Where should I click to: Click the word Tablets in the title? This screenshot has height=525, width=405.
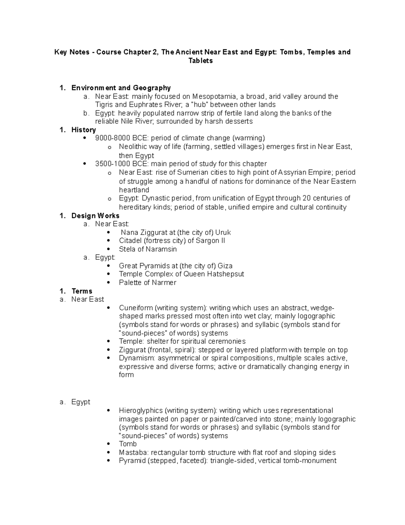click(200, 61)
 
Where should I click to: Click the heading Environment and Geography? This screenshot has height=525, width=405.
click(121, 88)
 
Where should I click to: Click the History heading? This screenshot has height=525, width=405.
click(83, 130)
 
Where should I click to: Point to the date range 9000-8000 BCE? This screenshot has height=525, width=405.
click(122, 138)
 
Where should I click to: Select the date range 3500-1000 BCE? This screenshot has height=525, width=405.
click(122, 164)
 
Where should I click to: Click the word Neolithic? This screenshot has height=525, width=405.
click(133, 147)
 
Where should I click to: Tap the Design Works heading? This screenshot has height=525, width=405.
click(95, 216)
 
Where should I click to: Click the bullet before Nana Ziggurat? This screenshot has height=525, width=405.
click(108, 233)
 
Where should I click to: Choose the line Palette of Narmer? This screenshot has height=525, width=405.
click(147, 283)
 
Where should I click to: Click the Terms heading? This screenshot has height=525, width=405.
click(82, 291)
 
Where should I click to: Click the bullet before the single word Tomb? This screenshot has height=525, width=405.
click(108, 444)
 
